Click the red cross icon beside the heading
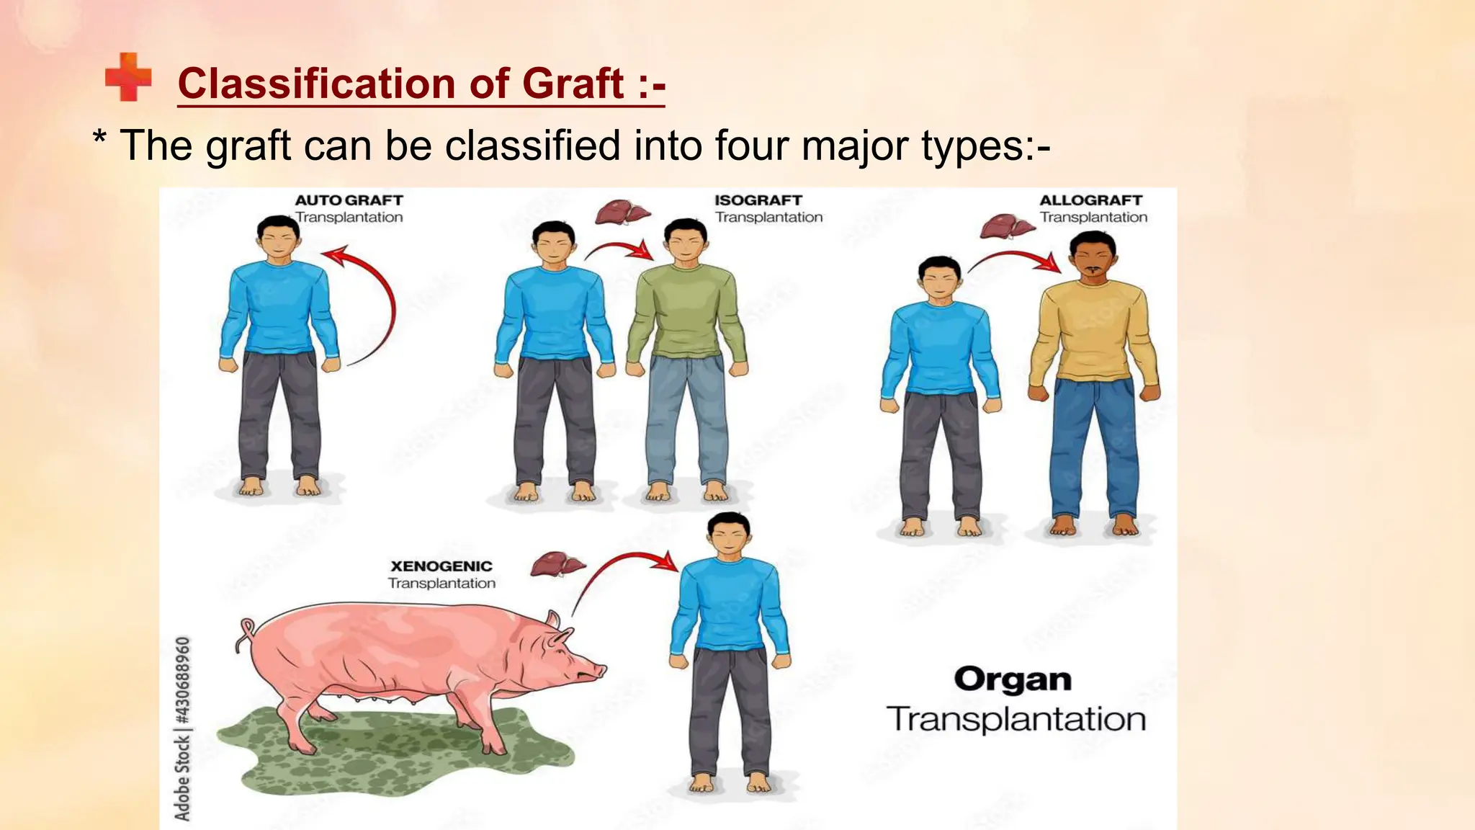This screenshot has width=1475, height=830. coord(128,77)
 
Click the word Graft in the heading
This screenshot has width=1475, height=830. coord(573,83)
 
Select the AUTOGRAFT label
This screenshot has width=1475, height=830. coord(349,200)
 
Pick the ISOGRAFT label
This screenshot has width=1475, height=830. coord(758,200)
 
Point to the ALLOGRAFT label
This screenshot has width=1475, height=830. coord(1090,200)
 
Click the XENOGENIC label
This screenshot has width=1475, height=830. coord(441,566)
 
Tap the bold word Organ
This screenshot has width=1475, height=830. coord(1013,679)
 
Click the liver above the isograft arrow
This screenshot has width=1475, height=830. coord(622,213)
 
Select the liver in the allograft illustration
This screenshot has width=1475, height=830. coord(1006,226)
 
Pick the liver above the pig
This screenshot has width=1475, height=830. coord(557,563)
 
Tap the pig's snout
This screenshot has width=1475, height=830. coord(597,672)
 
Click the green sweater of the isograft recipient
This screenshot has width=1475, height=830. coord(686,310)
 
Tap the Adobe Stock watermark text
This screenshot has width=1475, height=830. coord(183,728)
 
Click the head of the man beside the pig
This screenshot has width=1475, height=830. coord(730,534)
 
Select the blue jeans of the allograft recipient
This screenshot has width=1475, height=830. coord(1093,447)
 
